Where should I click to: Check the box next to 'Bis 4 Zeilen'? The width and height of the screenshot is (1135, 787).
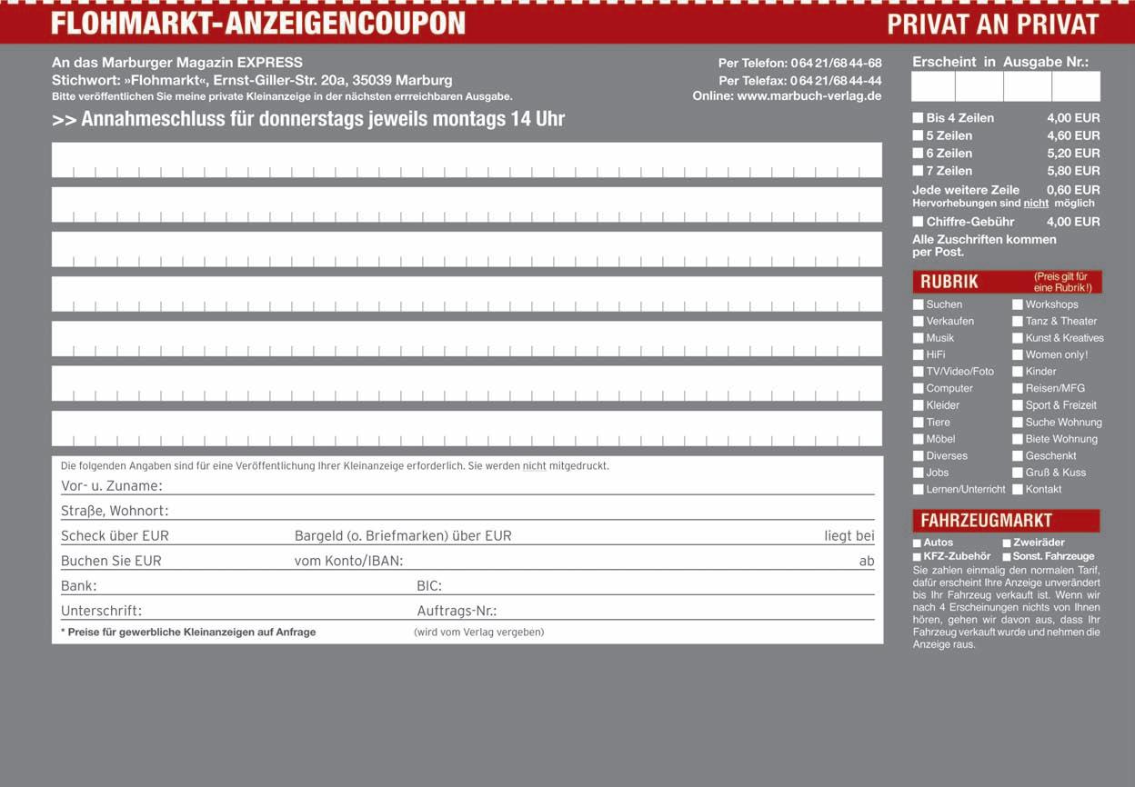tap(918, 118)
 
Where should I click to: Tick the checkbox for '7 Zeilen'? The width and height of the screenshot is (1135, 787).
tap(918, 171)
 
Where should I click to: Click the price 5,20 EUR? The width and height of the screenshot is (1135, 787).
tap(1073, 154)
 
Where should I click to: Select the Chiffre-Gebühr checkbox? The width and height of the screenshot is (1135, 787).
tap(918, 222)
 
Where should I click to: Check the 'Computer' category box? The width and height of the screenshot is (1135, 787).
tap(919, 389)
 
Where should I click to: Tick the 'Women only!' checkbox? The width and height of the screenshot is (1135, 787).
tap(1018, 355)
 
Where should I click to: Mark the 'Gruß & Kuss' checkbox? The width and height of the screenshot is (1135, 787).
tap(1018, 473)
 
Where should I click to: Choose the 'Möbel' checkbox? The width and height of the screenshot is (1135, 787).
tap(919, 439)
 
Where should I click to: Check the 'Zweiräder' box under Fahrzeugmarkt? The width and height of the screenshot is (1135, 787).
tap(1007, 543)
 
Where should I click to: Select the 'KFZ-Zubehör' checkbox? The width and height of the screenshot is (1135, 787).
tap(917, 557)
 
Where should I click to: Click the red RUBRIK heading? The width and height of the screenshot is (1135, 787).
tap(949, 282)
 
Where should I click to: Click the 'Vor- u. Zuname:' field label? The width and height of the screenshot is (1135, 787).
tap(111, 486)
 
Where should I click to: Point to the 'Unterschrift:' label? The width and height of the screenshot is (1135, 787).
tap(101, 611)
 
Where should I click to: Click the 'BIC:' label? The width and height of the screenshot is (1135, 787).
tap(429, 586)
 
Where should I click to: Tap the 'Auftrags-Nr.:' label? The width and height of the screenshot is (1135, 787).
tap(457, 611)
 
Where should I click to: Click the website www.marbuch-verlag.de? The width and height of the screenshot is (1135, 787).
tap(809, 96)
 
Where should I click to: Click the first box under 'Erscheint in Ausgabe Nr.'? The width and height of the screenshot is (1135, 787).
tap(933, 86)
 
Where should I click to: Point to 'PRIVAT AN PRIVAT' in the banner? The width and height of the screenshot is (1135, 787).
tap(993, 24)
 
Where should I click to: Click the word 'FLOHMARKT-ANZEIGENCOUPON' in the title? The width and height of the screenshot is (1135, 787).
tap(258, 24)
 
